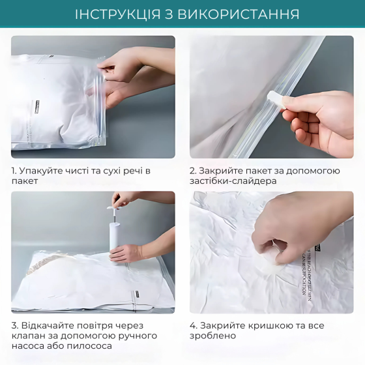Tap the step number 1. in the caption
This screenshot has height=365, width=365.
[x=14, y=171]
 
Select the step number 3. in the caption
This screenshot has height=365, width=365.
[x=15, y=325]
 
